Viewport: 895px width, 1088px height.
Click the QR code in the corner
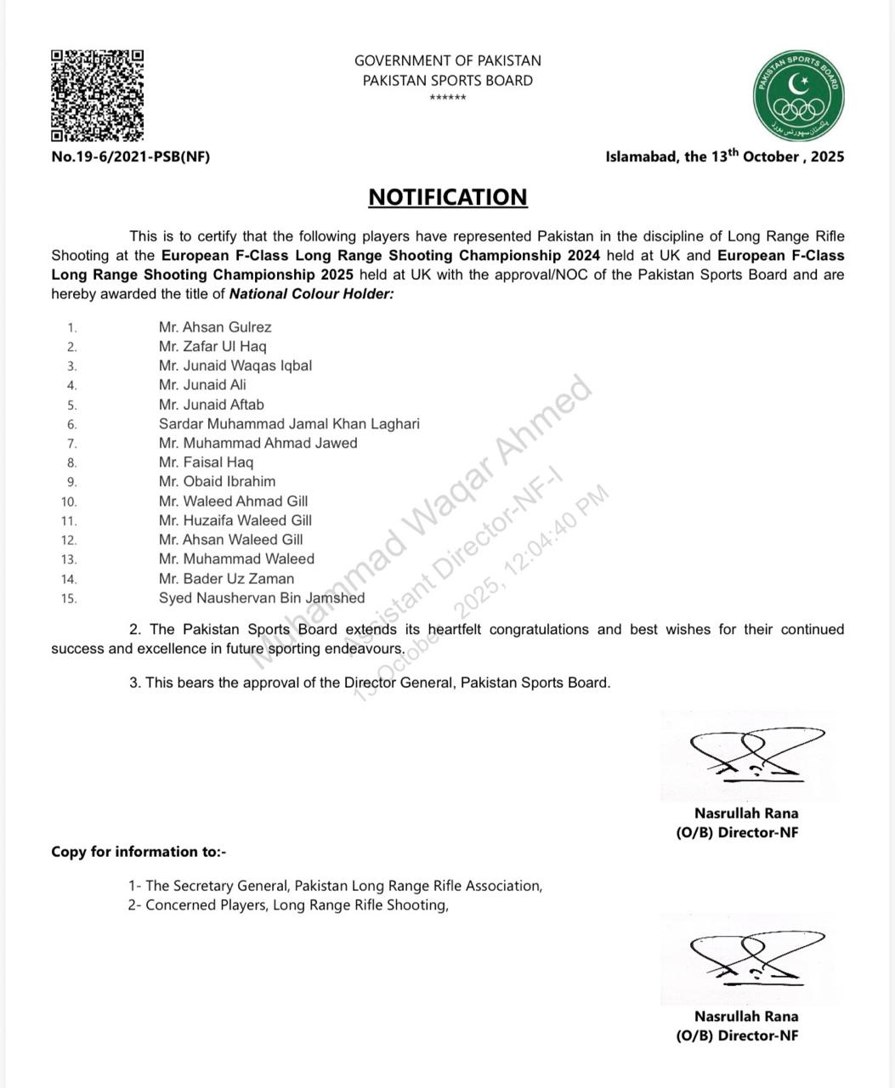97,95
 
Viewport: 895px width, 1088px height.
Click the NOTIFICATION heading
448,197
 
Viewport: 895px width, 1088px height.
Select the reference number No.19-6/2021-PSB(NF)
130,156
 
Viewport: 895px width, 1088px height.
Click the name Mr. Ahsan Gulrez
215,327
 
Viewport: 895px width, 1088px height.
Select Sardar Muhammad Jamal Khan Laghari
289,423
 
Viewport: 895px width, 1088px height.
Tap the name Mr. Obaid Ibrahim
217,481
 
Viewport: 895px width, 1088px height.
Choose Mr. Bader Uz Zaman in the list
226,579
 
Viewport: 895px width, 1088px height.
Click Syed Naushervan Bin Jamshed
262,598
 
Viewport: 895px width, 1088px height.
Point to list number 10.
69,501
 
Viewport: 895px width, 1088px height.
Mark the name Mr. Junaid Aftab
212,405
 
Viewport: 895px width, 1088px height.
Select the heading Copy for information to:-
139,852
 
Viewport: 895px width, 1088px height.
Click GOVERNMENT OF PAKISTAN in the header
448,61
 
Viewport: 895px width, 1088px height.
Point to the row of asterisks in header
448,99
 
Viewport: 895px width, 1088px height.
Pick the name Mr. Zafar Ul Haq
212,347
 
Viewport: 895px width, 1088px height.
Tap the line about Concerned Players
288,905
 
